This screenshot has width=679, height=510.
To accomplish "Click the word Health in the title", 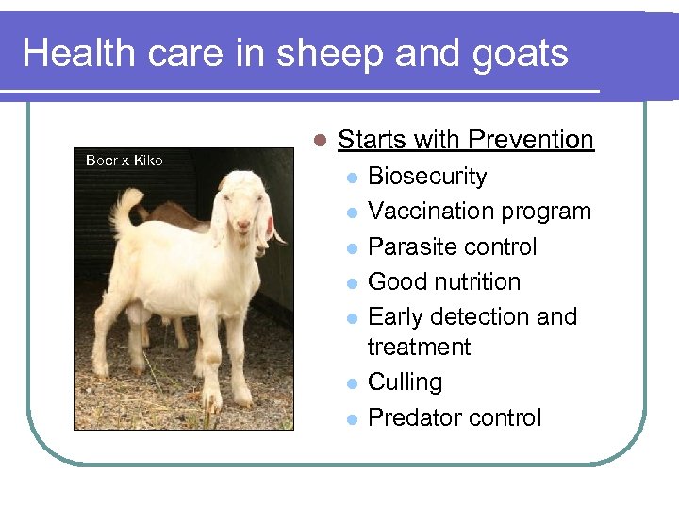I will [x=79, y=53].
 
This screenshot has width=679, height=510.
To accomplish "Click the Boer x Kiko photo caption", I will [x=124, y=161].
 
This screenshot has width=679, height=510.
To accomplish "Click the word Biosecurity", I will [x=427, y=177].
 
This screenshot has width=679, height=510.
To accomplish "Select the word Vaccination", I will [x=429, y=212].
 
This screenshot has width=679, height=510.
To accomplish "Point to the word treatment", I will [x=419, y=347].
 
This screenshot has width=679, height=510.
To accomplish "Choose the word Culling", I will [x=405, y=382].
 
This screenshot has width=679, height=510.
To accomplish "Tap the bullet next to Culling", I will [x=350, y=383].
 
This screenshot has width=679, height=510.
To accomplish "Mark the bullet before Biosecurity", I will [x=350, y=178].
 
